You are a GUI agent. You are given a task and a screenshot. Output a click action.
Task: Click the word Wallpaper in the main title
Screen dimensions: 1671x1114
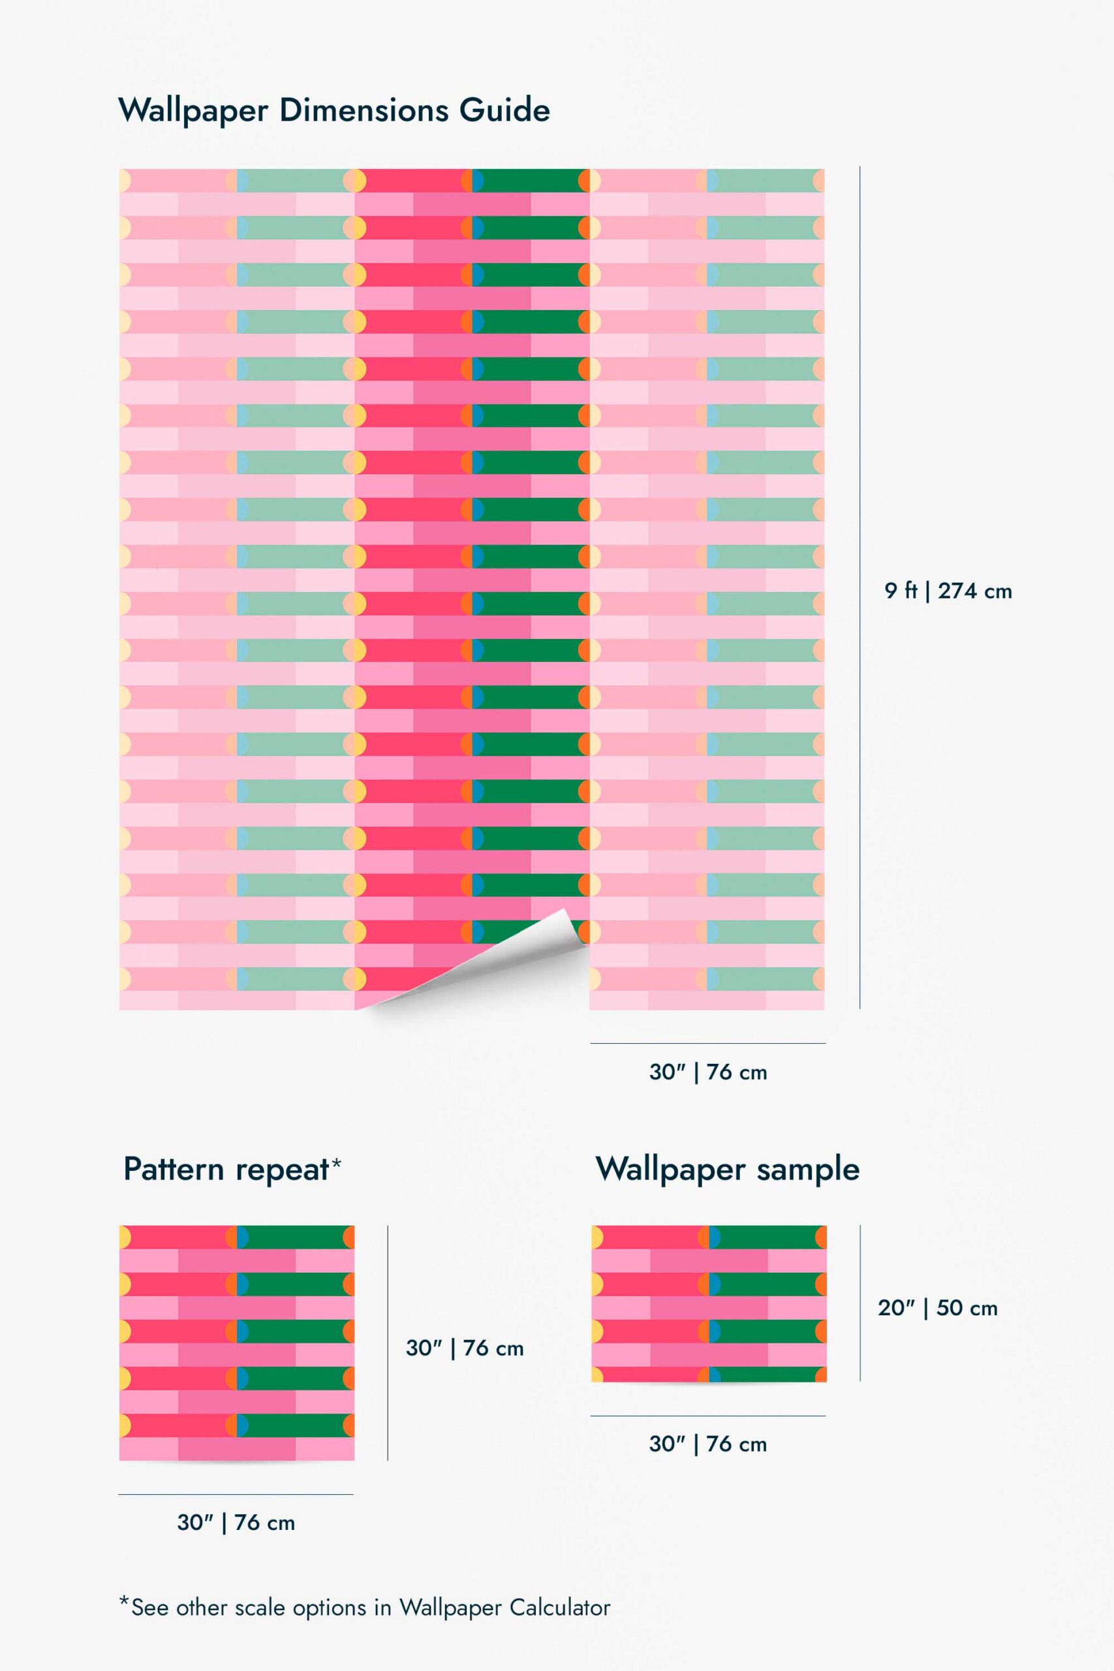[193, 111]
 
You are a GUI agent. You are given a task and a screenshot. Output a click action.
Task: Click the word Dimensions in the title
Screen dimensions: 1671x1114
[364, 110]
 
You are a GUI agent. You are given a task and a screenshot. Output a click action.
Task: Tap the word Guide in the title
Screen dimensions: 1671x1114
[504, 110]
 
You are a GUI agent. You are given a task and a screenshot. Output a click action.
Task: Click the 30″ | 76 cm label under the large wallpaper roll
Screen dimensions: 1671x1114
[707, 1072]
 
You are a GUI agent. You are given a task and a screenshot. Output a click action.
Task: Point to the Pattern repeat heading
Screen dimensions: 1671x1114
[226, 1170]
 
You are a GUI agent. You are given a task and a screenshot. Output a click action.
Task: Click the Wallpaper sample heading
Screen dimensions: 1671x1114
[728, 1170]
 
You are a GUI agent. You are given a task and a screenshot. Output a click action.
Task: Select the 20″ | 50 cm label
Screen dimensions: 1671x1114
[937, 1308]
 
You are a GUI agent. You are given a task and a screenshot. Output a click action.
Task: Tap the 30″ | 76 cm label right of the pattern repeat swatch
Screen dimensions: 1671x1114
[465, 1348]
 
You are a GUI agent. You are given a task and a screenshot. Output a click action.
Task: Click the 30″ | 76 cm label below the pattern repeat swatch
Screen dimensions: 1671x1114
[236, 1523]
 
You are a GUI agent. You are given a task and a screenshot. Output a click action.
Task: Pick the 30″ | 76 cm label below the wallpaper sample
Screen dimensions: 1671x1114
[707, 1444]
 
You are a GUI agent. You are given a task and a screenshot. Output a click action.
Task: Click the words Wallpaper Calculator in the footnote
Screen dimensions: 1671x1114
[504, 1607]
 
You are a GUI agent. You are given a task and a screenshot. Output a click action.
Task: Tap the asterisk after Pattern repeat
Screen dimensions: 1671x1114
[337, 1163]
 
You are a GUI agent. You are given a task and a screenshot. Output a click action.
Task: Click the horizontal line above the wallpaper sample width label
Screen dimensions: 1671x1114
[707, 1416]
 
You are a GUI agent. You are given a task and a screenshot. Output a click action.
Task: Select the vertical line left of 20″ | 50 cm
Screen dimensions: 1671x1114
[860, 1303]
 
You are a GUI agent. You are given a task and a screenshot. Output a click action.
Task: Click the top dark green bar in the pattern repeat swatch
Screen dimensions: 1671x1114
[296, 1237]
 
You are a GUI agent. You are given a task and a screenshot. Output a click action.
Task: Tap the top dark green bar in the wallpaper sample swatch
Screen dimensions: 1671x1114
[767, 1237]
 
